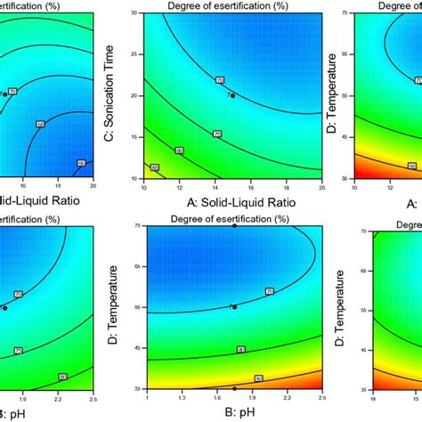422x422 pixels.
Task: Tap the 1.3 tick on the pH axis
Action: coord(190,397)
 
